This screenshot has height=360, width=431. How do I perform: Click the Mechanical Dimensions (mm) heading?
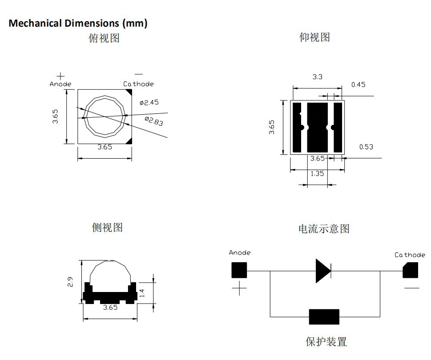[x=78, y=23]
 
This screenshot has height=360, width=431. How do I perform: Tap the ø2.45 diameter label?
[x=149, y=103]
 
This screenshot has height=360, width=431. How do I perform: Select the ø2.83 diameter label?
[x=154, y=121]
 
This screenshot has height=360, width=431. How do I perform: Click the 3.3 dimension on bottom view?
[x=317, y=77]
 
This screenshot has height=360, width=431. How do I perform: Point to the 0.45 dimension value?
[x=358, y=84]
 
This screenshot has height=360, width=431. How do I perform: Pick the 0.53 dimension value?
[x=366, y=147]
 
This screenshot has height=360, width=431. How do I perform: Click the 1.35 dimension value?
[x=317, y=173]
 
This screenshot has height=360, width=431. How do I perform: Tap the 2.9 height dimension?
[x=70, y=282]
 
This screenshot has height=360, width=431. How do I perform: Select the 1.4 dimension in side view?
[x=142, y=293]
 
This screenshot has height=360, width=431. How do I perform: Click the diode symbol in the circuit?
[x=323, y=271]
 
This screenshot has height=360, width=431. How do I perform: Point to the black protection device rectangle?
[x=324, y=316]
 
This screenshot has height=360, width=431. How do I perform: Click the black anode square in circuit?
[x=239, y=270]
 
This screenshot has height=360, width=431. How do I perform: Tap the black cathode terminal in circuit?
[x=411, y=270]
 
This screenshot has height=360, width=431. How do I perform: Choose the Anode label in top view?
[x=60, y=84]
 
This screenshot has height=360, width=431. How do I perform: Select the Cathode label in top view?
[x=138, y=84]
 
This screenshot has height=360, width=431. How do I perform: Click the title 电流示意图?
[x=324, y=229]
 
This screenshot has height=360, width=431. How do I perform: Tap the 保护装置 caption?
[x=326, y=342]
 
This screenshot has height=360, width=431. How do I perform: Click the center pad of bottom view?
[x=317, y=128]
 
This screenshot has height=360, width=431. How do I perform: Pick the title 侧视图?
[x=107, y=228]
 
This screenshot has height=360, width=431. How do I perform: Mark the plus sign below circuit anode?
[x=239, y=288]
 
